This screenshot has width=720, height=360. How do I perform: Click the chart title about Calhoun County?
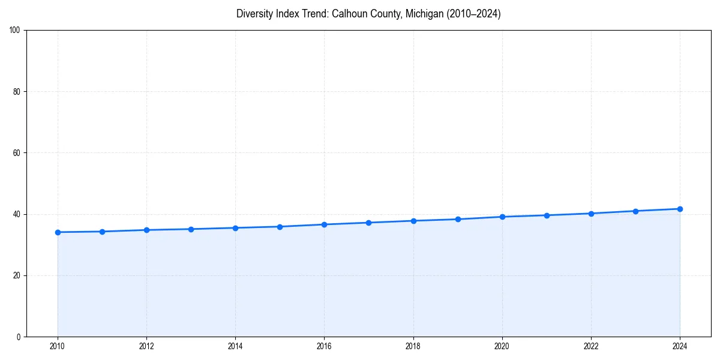pyautogui.click(x=368, y=14)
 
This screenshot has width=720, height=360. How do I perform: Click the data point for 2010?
pyautogui.click(x=58, y=232)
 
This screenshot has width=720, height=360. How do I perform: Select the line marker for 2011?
pyautogui.click(x=102, y=232)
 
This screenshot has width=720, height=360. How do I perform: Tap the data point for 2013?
pyautogui.click(x=191, y=229)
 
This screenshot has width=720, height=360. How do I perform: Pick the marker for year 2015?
pyautogui.click(x=280, y=227)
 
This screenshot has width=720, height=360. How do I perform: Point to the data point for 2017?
pyautogui.click(x=368, y=223)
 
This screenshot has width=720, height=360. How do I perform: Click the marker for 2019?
pyautogui.click(x=458, y=219)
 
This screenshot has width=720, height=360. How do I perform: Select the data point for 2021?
pyautogui.click(x=547, y=215)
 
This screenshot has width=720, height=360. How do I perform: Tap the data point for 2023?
pyautogui.click(x=635, y=211)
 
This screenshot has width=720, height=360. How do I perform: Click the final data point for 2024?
pyautogui.click(x=680, y=209)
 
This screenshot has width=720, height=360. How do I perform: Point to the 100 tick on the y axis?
pyautogui.click(x=16, y=30)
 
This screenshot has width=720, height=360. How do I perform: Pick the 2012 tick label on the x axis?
pyautogui.click(x=146, y=346)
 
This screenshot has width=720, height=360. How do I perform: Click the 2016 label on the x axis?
pyautogui.click(x=324, y=346)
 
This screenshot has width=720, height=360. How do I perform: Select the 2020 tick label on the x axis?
pyautogui.click(x=502, y=346)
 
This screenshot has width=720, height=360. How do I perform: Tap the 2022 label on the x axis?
pyautogui.click(x=591, y=346)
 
